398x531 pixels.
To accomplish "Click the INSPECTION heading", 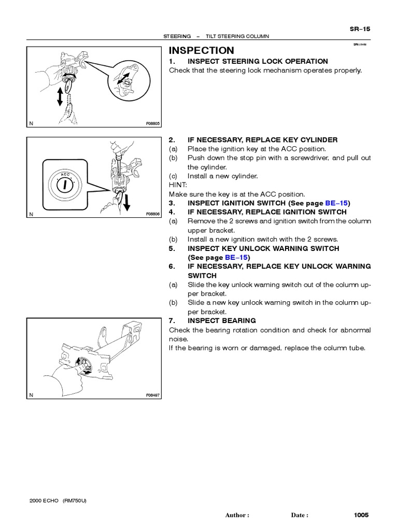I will [x=202, y=50].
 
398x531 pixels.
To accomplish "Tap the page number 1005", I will [x=361, y=515].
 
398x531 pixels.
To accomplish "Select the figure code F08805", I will [x=153, y=124].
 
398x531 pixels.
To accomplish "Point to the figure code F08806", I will [x=153, y=214].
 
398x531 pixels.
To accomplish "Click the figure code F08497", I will [x=153, y=395].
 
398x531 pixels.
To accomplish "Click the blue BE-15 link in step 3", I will [x=338, y=203].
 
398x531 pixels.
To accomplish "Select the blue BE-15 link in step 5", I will [x=237, y=257].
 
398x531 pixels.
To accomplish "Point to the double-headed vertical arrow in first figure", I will [x=60, y=96].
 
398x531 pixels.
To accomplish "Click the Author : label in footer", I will [x=237, y=515].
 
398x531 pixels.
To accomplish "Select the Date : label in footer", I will [x=300, y=515].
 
